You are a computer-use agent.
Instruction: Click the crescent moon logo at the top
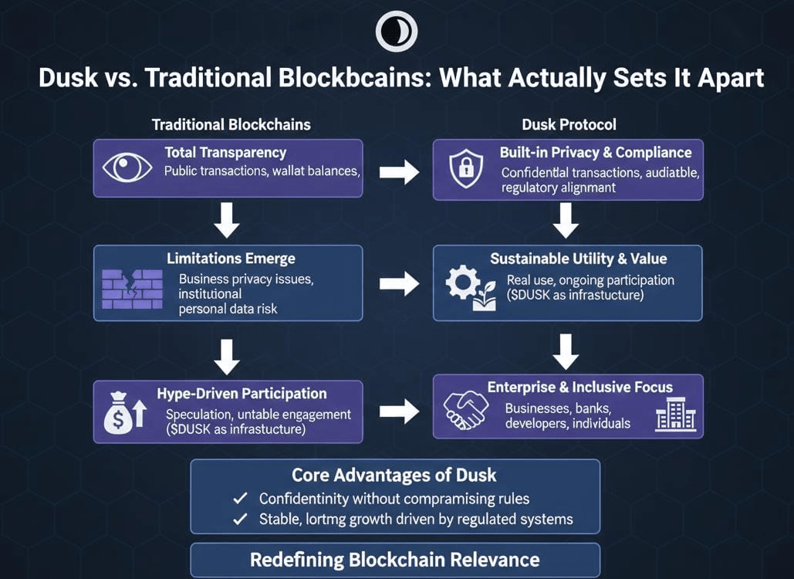[x=396, y=32]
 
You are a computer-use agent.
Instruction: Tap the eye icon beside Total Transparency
[x=127, y=168]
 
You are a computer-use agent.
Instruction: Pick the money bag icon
[x=125, y=412]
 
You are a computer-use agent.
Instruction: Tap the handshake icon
[x=466, y=408]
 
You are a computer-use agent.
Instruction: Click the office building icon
[x=675, y=415]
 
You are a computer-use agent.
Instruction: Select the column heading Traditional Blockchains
[x=231, y=124]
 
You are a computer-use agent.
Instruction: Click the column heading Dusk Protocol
[x=569, y=124]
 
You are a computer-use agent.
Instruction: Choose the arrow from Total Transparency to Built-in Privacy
[x=399, y=172]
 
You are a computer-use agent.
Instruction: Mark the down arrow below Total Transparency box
[x=227, y=221]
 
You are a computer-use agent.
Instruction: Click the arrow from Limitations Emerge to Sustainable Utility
[x=399, y=284]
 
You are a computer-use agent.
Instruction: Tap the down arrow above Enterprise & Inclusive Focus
[x=566, y=351]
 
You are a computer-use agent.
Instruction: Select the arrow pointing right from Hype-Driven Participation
[x=399, y=411]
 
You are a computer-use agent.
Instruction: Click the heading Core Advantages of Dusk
[x=394, y=475]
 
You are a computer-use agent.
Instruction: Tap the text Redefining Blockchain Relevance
[x=394, y=559]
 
